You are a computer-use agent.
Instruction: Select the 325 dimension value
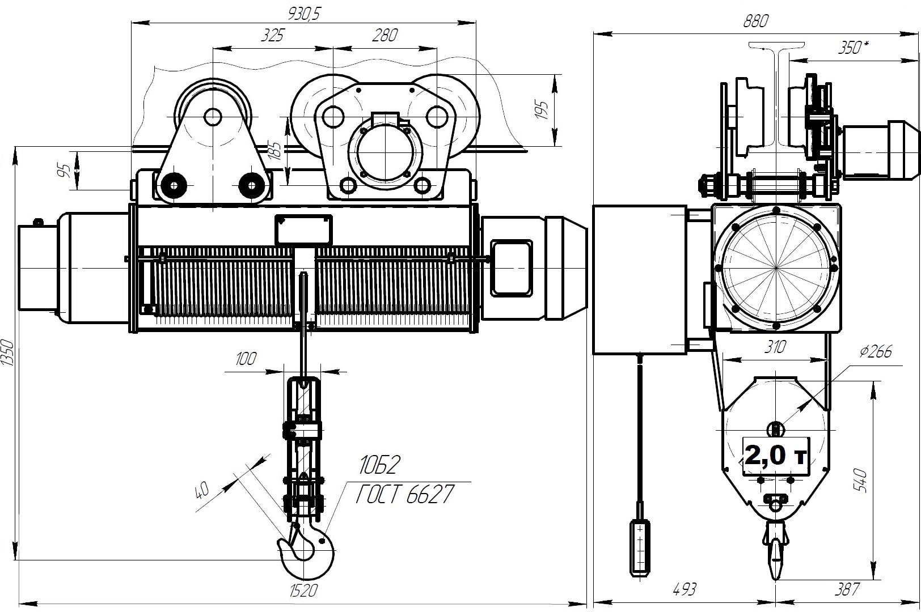tap(272, 35)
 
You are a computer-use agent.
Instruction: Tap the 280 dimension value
tap(385, 35)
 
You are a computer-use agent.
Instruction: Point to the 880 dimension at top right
tap(756, 21)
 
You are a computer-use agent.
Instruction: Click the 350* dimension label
tap(854, 48)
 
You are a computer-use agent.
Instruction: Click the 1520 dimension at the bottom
tap(303, 591)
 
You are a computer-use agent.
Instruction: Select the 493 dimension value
tap(685, 590)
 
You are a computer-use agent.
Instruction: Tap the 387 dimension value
tap(847, 590)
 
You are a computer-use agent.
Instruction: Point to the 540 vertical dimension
tap(860, 481)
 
